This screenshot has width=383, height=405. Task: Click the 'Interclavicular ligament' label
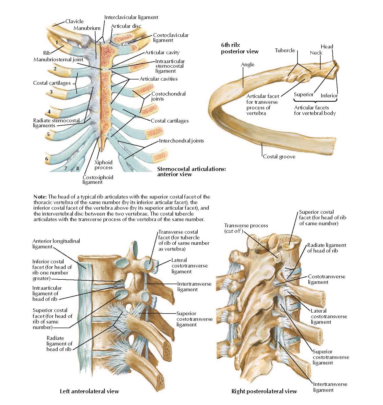(131, 17)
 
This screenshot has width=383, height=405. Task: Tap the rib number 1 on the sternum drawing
(57, 43)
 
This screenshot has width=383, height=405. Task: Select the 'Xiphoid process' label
(103, 165)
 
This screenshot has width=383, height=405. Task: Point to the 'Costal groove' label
(279, 157)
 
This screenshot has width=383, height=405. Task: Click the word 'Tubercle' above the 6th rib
(285, 50)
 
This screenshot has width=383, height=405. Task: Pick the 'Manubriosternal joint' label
(58, 60)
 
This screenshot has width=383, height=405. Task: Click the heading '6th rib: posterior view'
(240, 48)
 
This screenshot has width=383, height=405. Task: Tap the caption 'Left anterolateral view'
(89, 391)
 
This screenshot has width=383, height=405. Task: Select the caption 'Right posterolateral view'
(264, 391)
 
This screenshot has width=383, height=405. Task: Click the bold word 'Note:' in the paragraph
(40, 197)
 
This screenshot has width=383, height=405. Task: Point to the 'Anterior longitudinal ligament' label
(56, 244)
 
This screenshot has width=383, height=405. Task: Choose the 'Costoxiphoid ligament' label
(98, 179)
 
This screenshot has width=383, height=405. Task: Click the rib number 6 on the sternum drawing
(47, 159)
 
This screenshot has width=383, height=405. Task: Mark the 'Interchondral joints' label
(181, 141)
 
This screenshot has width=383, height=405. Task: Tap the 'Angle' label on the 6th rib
(247, 65)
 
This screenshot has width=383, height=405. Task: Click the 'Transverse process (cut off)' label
(246, 228)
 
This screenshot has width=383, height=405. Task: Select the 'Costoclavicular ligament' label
(170, 38)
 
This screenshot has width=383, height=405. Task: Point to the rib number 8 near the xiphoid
(78, 168)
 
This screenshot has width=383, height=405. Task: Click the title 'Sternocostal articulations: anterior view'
(191, 172)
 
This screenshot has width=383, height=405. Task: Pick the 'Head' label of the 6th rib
(327, 46)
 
